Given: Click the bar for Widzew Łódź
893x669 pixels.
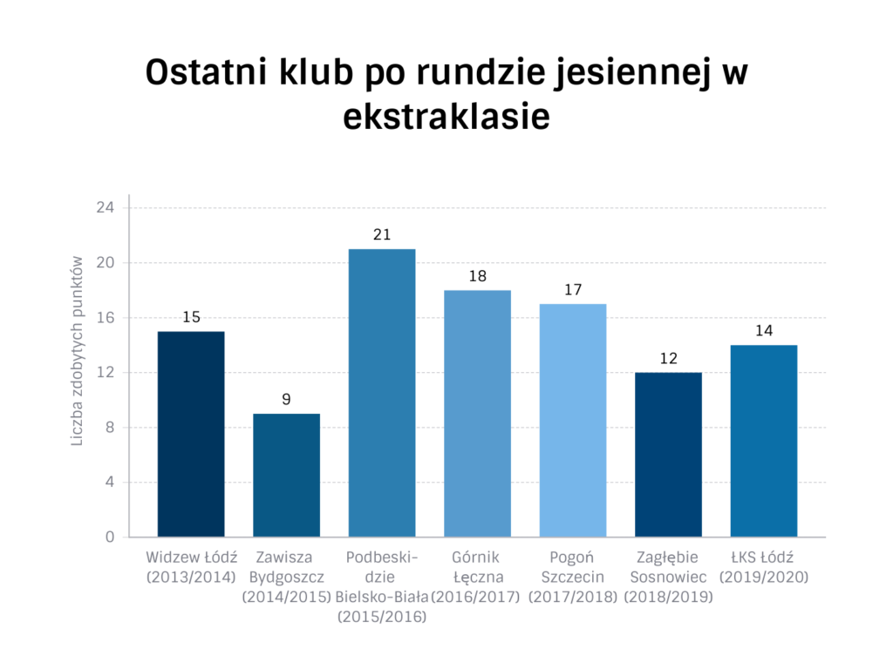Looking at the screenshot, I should (x=191, y=434).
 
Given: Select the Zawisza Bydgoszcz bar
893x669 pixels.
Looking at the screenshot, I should (x=286, y=475).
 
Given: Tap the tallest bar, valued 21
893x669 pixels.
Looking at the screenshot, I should (x=382, y=393).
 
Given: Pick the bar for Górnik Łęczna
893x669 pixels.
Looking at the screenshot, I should (x=477, y=414).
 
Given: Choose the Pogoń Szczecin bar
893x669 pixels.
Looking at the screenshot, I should (x=572, y=420).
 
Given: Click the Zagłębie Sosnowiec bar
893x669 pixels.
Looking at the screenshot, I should (x=668, y=455).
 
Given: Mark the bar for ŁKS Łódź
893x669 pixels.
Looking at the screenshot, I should (x=763, y=441).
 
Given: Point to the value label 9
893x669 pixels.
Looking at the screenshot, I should (x=286, y=400).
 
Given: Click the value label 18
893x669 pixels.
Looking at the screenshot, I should (x=477, y=276).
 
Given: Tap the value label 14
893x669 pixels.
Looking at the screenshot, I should (x=763, y=331).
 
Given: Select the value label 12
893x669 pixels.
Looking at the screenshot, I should (x=668, y=358).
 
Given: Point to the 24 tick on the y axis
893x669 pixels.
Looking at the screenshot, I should (x=106, y=208).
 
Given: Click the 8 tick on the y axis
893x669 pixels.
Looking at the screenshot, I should (x=110, y=428).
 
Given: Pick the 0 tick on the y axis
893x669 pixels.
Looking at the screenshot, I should (x=110, y=537).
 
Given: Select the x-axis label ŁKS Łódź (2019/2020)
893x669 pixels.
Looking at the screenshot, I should (x=763, y=567).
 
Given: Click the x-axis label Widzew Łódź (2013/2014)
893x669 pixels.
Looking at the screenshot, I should (x=191, y=567).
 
